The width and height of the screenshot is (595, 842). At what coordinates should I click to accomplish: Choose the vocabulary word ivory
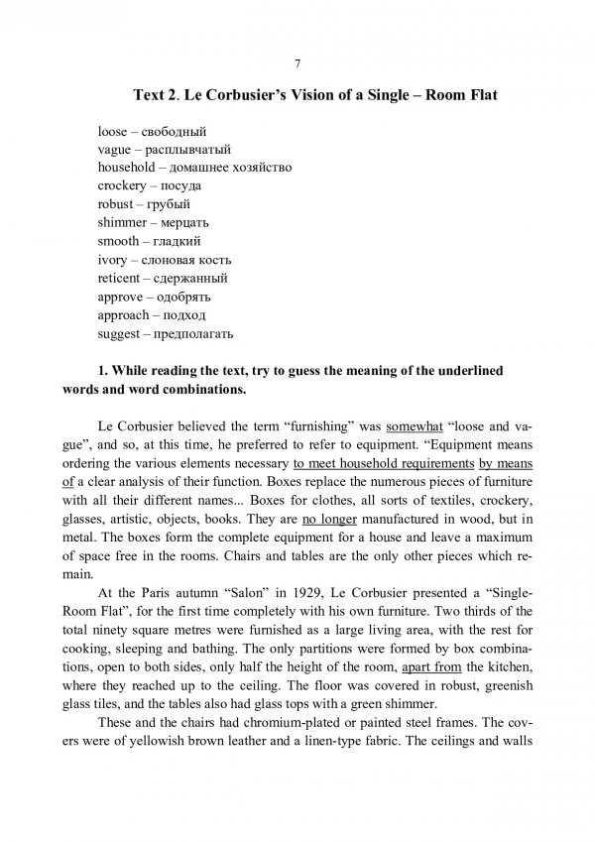pos(112,259)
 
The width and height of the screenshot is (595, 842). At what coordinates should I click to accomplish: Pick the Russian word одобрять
pos(184,297)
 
